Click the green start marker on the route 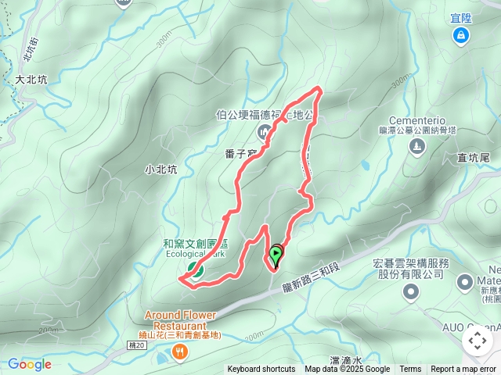[x=276, y=253]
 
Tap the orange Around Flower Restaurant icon [x=180, y=353]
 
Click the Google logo [x=30, y=364]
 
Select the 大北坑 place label [x=31, y=79]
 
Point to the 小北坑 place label [x=161, y=169]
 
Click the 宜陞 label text [x=461, y=18]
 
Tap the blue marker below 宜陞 [x=461, y=35]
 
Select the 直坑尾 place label [x=474, y=158]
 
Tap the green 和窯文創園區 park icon [x=193, y=271]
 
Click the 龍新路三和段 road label [x=312, y=278]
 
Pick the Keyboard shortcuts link [x=261, y=370]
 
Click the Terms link [x=410, y=370]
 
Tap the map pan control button [x=478, y=340]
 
